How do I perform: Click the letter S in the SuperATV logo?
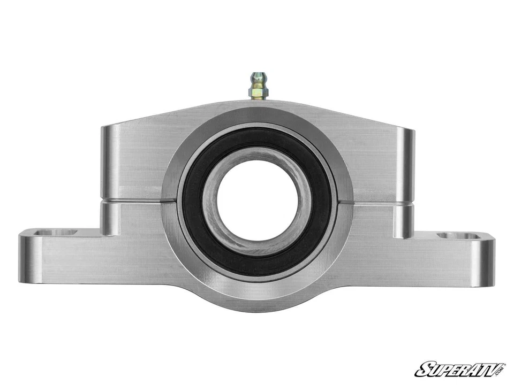coord(422,369)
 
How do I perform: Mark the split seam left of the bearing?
coord(134,202)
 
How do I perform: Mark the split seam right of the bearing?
coord(380,204)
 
